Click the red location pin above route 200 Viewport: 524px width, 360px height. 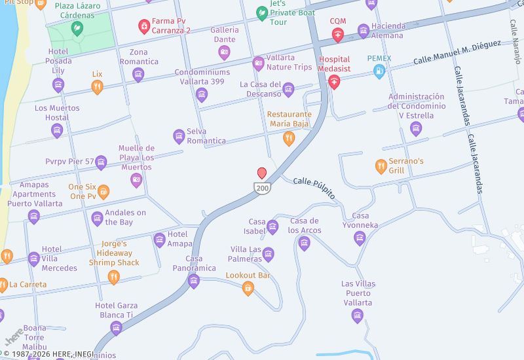click(x=262, y=173)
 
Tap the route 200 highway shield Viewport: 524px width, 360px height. click(x=262, y=188)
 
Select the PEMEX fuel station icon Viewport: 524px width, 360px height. click(x=379, y=72)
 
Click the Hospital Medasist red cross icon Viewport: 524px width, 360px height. click(x=335, y=82)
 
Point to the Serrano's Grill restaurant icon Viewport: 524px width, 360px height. click(x=381, y=166)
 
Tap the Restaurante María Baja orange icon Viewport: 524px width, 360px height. click(x=288, y=138)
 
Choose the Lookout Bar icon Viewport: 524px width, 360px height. click(x=248, y=288)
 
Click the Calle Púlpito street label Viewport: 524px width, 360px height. click(x=314, y=188)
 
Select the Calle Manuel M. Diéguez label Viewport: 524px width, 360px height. click(x=457, y=53)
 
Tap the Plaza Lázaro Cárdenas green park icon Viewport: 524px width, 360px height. click(x=77, y=28)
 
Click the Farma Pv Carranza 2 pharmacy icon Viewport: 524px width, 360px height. click(x=143, y=26)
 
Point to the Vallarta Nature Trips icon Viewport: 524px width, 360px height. click(x=258, y=63)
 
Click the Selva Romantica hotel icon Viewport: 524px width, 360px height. click(x=179, y=136)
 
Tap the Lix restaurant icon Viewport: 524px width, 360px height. click(x=97, y=87)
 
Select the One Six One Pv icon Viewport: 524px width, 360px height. click(x=103, y=192)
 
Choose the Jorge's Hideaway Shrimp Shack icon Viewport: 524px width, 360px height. click(x=113, y=278)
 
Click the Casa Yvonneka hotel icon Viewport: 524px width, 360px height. click(x=360, y=238)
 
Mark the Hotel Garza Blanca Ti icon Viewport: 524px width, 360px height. click(x=116, y=328)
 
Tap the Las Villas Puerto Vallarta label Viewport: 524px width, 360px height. click(x=358, y=293)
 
